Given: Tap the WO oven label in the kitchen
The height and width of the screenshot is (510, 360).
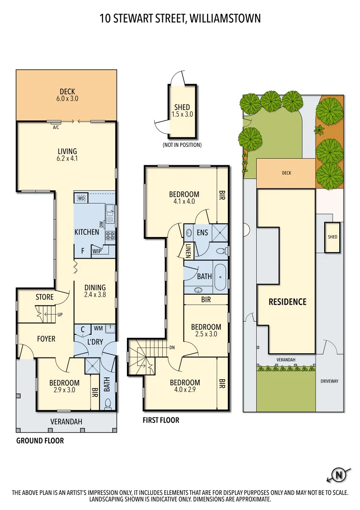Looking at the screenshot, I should (x=81, y=198).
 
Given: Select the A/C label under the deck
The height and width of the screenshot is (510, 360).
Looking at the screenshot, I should (x=56, y=127).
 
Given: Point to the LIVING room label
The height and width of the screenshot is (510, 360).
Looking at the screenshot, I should (x=67, y=155).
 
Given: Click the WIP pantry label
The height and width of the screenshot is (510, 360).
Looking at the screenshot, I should (x=97, y=251).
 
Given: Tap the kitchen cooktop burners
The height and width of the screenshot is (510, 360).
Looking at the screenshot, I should (x=110, y=236).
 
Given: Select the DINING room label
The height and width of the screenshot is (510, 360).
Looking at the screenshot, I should (x=95, y=291).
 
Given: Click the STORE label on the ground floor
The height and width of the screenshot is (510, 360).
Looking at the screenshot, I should (x=44, y=297).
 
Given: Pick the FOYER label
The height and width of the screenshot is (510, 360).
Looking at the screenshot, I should (x=46, y=339).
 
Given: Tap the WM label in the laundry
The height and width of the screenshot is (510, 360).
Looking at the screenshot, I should (x=98, y=328).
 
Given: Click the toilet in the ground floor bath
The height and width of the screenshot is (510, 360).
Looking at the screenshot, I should (x=108, y=403).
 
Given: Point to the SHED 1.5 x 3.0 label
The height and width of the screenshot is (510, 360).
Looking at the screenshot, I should (x=182, y=111).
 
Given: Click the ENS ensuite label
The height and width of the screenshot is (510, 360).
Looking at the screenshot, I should (x=202, y=232).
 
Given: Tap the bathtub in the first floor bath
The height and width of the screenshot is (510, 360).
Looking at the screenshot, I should (x=220, y=277).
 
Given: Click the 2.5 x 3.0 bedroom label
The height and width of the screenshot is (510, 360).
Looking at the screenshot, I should (x=206, y=331).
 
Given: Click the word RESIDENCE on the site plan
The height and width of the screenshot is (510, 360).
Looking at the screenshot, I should (x=287, y=302).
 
